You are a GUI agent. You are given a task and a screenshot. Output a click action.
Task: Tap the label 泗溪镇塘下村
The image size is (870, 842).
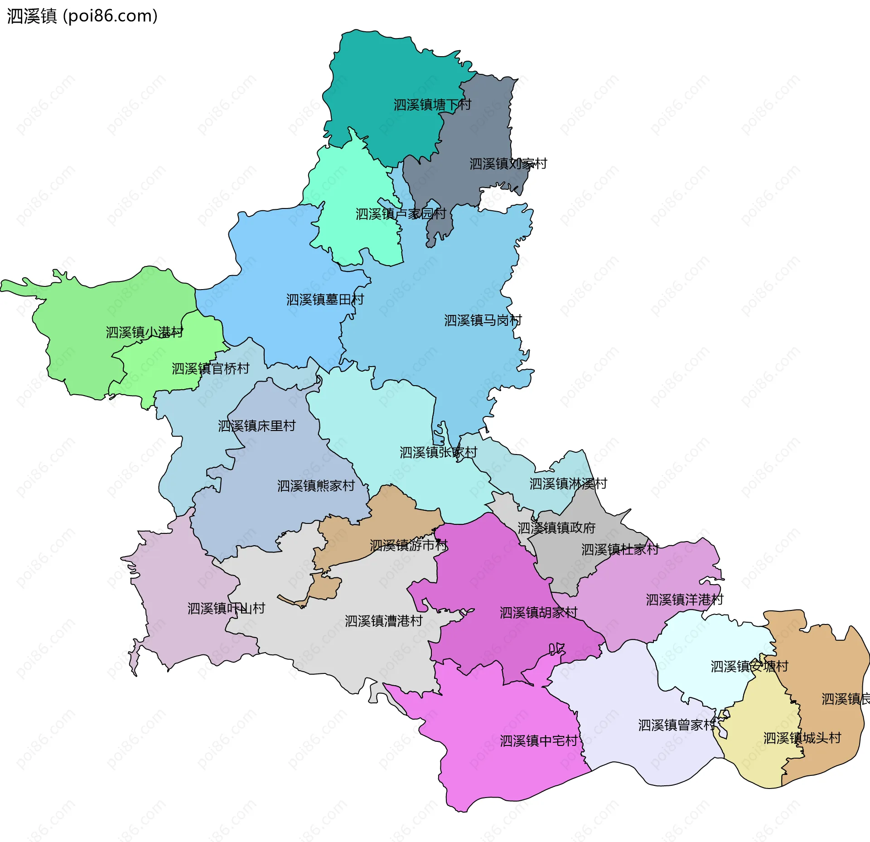click(x=432, y=105)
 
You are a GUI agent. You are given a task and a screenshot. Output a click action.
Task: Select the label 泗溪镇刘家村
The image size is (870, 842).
click(x=508, y=164)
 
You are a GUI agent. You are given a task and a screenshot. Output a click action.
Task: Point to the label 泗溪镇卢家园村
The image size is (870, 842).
click(x=401, y=214)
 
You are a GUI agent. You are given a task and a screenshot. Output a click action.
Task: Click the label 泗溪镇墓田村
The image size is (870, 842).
click(x=325, y=300)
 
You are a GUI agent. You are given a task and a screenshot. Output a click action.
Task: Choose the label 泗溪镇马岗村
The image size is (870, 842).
click(x=483, y=320)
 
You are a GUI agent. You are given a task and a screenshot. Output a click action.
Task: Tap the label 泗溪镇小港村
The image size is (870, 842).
click(x=145, y=332)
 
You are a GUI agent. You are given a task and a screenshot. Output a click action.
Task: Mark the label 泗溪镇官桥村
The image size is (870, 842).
click(x=210, y=368)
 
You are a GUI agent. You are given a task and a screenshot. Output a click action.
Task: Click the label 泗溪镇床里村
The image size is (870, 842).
click(x=256, y=426)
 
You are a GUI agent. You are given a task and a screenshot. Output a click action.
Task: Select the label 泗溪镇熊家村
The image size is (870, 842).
click(x=316, y=486)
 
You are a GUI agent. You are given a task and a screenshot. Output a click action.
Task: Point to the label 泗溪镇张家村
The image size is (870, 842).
click(x=438, y=452)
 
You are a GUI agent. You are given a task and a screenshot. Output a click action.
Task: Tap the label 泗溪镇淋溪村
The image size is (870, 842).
click(x=568, y=484)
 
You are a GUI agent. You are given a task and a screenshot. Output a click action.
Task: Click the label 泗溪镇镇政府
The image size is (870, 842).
click(x=556, y=528)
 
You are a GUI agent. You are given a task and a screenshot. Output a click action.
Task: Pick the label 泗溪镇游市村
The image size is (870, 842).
click(x=408, y=545)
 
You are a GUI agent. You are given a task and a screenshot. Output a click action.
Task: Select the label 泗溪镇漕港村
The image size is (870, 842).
click(x=383, y=621)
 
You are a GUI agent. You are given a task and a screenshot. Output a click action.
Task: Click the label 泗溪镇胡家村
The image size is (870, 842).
click(x=538, y=613)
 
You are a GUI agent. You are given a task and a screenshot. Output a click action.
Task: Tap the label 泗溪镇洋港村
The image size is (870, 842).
click(x=684, y=600)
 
